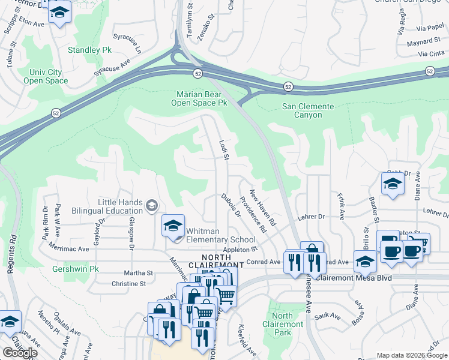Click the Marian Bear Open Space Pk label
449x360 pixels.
202,98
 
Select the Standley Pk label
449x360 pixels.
86,50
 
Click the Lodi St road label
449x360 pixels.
224,151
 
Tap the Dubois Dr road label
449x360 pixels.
231,205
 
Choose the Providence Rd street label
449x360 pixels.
253,214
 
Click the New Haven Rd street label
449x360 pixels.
262,207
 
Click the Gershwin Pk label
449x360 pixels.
75,269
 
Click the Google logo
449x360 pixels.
20,353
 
